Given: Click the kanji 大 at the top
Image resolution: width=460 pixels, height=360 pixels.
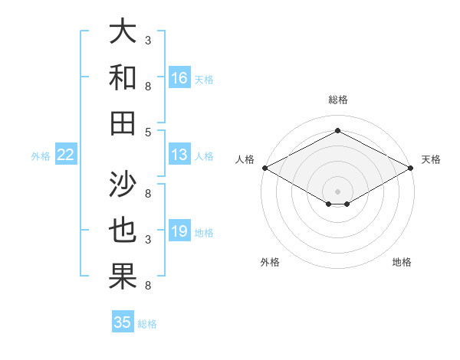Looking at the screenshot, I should coord(123,33).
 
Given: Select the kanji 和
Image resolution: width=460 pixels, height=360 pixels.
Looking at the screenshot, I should coord(123,77).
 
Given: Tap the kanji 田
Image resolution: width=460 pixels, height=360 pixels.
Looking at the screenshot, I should coord(123,123).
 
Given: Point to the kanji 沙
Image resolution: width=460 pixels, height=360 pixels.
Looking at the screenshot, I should coord(123,184).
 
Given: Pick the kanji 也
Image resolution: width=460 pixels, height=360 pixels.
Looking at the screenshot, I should coord(123,231).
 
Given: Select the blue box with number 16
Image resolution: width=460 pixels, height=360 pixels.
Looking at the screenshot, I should coord(179,77).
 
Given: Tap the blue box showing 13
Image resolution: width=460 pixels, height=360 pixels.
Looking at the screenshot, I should coord(179,155).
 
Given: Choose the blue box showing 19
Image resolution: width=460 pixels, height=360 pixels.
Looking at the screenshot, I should coord(179,231).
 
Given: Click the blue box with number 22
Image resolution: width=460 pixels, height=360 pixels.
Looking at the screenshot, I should coord(66,155).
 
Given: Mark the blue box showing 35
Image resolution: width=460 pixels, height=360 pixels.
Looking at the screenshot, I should coord(123,322).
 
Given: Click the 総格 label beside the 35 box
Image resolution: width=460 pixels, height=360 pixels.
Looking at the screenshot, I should coord(147,324).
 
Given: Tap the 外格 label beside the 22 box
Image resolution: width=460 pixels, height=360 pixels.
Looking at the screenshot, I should coord(41,156).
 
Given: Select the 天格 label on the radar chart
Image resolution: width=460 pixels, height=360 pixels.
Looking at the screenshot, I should coord(431,159).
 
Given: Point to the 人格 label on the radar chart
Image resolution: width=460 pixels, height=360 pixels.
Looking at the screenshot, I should coord(245,159).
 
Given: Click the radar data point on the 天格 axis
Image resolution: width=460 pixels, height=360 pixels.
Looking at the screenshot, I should coord(412,168).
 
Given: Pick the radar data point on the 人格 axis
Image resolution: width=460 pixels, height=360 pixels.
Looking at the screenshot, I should coord(264,168).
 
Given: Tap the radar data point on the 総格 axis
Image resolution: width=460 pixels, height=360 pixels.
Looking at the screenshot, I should coord(337,130).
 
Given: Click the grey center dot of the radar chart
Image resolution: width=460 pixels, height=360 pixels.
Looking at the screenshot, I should coord(337,191).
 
